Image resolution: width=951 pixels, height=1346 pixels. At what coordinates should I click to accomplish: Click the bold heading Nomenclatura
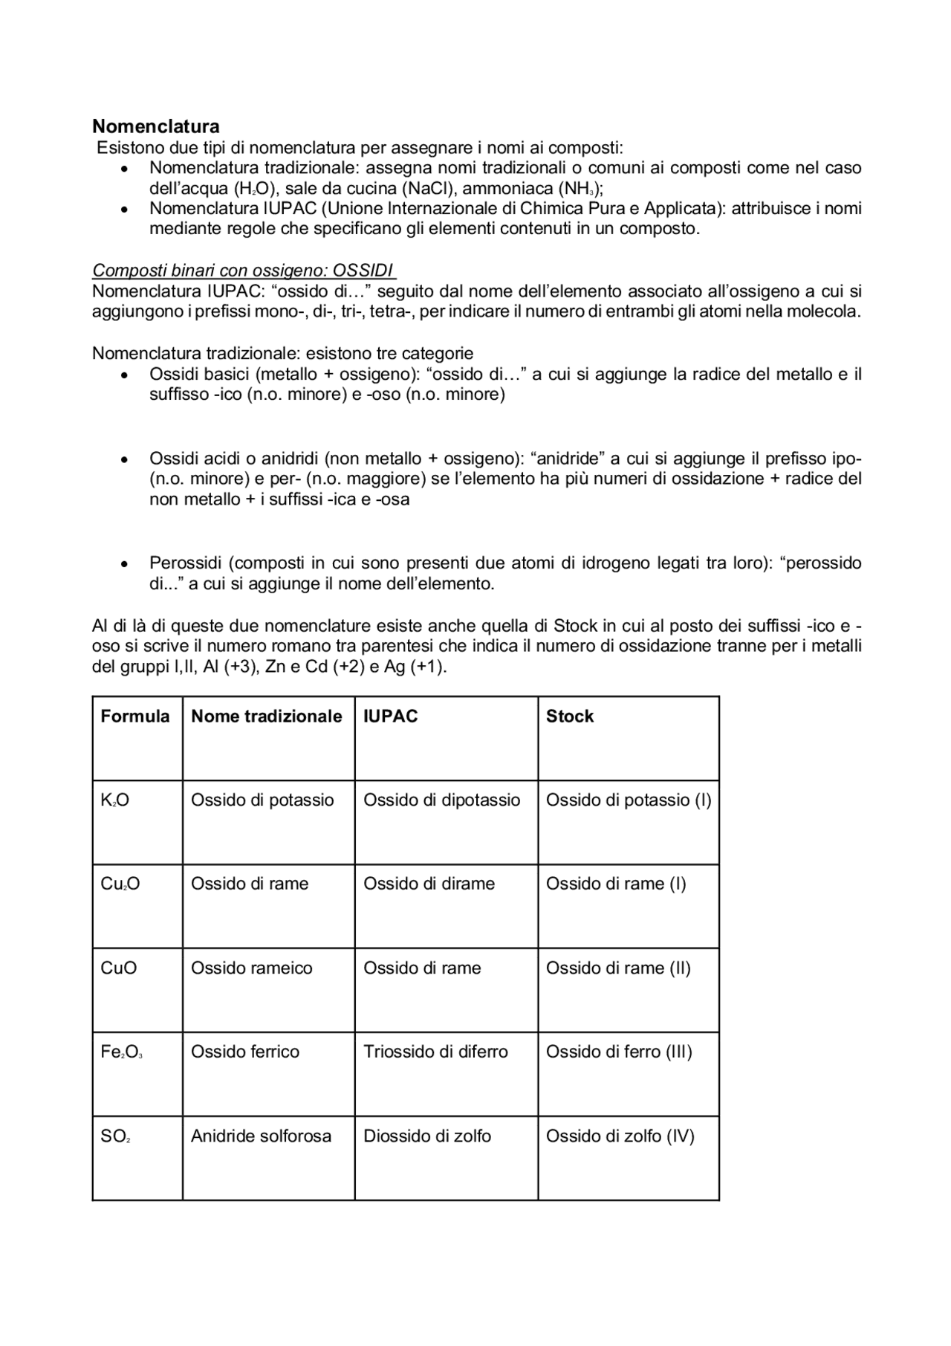click(155, 126)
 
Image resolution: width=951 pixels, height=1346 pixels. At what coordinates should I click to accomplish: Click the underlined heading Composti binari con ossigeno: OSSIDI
click(244, 270)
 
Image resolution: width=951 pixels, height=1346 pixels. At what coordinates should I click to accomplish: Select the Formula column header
click(135, 716)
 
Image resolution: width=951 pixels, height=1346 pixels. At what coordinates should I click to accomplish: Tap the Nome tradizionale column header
click(266, 716)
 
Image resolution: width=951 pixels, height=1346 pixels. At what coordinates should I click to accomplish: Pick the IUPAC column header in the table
click(390, 716)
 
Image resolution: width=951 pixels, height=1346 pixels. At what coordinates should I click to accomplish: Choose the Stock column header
click(570, 716)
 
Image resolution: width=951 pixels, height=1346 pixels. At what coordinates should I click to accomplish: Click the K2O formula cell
click(115, 800)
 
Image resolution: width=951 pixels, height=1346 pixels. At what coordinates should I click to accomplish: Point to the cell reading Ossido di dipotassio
click(441, 800)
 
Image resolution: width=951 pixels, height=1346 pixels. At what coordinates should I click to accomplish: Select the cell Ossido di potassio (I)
click(629, 800)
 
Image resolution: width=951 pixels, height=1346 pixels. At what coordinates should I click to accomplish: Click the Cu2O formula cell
click(120, 884)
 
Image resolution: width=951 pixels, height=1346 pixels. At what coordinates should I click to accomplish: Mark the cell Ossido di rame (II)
click(618, 968)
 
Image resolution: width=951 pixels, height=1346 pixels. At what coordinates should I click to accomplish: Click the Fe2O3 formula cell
click(122, 1052)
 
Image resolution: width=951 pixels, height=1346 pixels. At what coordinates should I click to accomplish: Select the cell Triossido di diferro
click(435, 1052)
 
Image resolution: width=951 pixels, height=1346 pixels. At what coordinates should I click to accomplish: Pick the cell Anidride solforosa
click(261, 1136)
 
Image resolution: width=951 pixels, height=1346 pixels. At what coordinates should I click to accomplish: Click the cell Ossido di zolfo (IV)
click(620, 1136)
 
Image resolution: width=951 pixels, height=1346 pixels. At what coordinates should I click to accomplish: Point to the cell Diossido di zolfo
click(427, 1136)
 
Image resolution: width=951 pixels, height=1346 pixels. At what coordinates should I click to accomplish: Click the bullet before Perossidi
click(125, 564)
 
